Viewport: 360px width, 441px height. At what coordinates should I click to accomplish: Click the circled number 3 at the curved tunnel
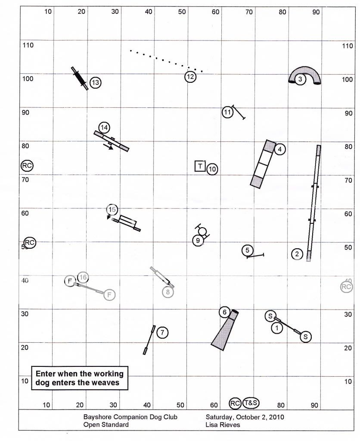(301, 79)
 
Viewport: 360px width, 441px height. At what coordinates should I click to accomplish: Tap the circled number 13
(95, 82)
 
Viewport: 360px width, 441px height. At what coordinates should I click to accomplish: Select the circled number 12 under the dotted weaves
(190, 77)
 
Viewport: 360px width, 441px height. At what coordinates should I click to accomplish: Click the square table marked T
(200, 166)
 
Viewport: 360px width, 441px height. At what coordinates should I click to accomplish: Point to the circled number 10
(212, 169)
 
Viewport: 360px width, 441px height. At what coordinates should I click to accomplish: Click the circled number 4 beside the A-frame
(279, 150)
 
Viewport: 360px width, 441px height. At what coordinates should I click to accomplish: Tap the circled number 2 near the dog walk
(297, 254)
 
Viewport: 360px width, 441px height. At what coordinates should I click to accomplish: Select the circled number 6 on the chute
(224, 312)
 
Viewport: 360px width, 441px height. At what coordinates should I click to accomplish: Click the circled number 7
(162, 332)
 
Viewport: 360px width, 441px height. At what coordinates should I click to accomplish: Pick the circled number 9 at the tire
(198, 241)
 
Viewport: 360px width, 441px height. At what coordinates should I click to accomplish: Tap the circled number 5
(247, 250)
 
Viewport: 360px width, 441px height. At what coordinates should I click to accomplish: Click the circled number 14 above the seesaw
(104, 128)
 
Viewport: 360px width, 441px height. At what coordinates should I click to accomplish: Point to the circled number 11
(228, 113)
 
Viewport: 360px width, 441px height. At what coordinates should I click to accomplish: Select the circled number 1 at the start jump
(277, 328)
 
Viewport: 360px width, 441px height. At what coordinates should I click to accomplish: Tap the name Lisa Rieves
(223, 425)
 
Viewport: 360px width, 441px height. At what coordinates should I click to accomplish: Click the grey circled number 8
(168, 292)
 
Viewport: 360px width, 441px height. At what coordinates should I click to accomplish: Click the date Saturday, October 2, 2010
(245, 417)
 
